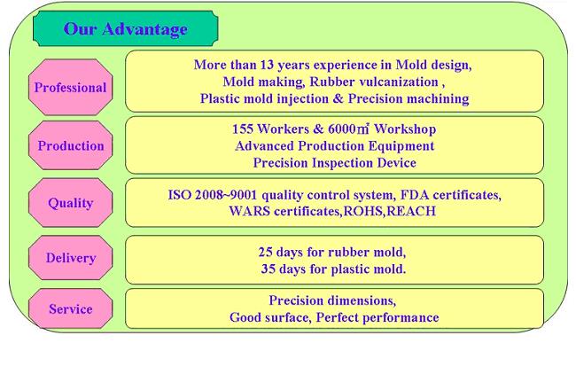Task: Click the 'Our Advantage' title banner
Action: click(125, 28)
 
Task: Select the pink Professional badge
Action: click(71, 87)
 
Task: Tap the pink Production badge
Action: click(71, 145)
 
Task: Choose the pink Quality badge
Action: click(71, 203)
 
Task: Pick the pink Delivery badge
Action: click(71, 258)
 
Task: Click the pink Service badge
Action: click(71, 308)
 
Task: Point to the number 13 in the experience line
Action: click(267, 65)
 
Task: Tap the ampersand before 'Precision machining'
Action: click(339, 98)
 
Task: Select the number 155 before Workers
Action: click(243, 129)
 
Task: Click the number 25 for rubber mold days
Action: click(265, 252)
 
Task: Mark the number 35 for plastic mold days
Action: click(269, 269)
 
